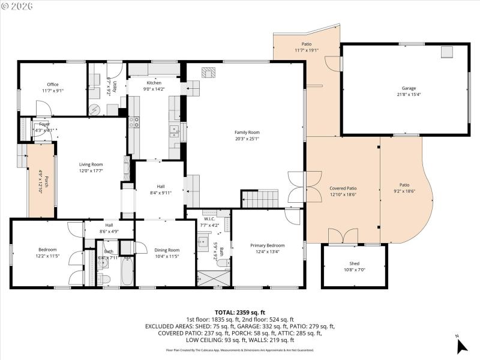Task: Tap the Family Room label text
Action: click(x=247, y=132)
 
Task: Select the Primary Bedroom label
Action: click(x=268, y=245)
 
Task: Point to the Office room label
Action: click(x=53, y=85)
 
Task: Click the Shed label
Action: click(x=355, y=263)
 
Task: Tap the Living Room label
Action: click(x=91, y=164)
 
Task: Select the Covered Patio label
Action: click(x=343, y=188)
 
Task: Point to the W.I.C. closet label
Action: click(x=209, y=219)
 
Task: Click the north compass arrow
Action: click(x=461, y=346)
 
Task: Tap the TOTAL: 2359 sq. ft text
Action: click(x=239, y=312)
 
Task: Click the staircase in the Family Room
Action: click(x=260, y=198)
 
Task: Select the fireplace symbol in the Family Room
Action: click(x=208, y=73)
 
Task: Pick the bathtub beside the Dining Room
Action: click(x=127, y=271)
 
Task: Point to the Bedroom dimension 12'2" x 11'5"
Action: click(x=47, y=256)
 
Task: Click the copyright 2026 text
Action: click(x=18, y=5)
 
